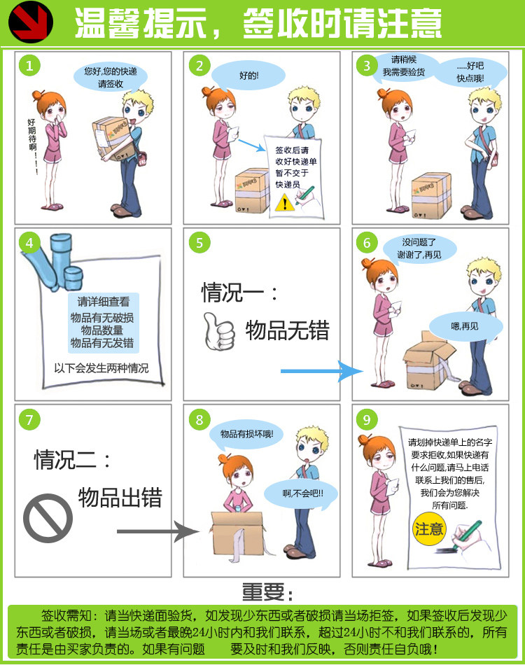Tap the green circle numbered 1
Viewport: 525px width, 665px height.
pos(29,66)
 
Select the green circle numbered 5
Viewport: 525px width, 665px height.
pos(199,242)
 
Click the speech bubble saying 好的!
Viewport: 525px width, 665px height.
pos(248,75)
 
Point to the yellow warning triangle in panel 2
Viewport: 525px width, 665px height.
pos(283,202)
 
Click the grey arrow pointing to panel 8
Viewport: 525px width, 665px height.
pos(155,533)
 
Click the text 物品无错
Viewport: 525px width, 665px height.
pos(287,330)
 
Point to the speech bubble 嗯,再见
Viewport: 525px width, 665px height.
pos(464,326)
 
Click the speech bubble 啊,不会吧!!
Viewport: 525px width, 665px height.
pos(293,494)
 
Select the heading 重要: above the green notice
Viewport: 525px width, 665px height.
pos(264,592)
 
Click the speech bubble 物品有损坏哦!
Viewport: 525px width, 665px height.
pos(246,434)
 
